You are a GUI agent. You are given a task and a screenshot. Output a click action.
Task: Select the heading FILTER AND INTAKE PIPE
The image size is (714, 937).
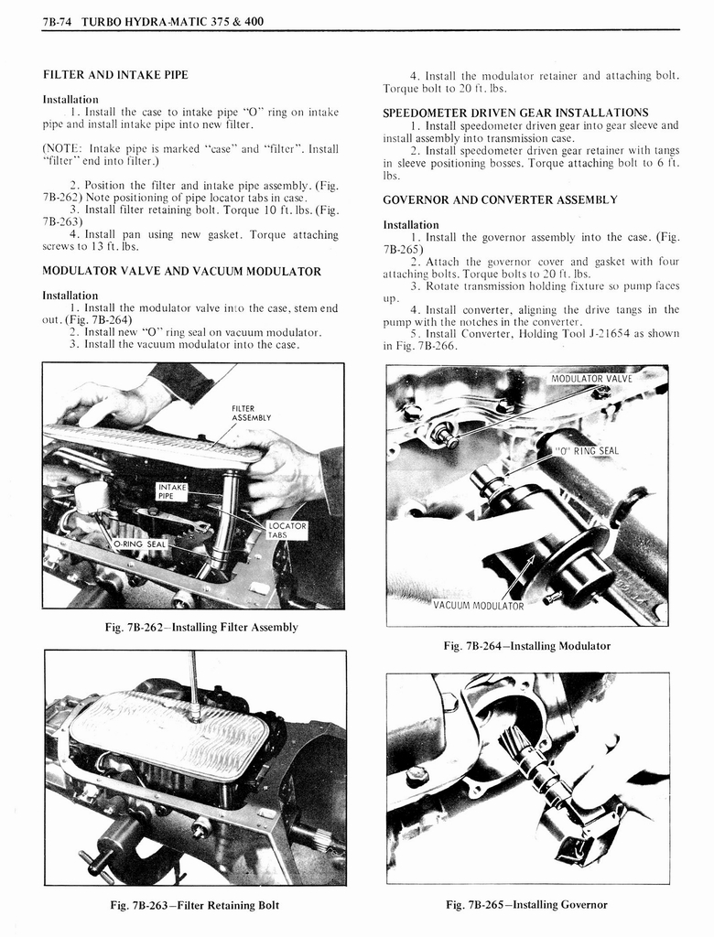click(x=115, y=74)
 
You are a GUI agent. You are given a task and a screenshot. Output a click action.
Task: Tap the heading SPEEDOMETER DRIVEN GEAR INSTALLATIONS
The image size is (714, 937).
click(x=515, y=113)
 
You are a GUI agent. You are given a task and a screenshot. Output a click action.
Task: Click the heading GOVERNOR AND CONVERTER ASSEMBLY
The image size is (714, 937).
click(x=500, y=199)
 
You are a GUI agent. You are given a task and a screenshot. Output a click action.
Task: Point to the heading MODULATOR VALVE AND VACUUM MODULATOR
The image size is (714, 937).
click(x=181, y=271)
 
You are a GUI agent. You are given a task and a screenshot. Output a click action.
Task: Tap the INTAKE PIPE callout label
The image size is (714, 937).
click(x=172, y=491)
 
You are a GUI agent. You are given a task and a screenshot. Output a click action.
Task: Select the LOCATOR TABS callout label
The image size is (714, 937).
click(x=287, y=531)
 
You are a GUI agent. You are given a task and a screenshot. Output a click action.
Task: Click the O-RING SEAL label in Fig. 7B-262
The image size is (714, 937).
click(x=140, y=544)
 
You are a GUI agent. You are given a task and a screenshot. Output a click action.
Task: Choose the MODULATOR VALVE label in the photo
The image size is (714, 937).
click(x=590, y=378)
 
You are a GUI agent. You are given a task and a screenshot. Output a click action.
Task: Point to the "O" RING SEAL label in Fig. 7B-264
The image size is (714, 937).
click(x=587, y=450)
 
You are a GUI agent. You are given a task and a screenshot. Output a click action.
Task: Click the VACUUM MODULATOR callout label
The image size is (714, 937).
click(x=478, y=606)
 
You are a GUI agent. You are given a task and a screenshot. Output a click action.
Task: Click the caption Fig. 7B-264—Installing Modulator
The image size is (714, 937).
click(x=526, y=645)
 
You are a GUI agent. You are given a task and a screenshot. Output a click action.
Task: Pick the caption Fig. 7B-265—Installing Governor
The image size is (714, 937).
click(x=526, y=905)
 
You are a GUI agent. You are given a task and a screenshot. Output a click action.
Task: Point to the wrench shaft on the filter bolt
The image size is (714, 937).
click(x=192, y=677)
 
